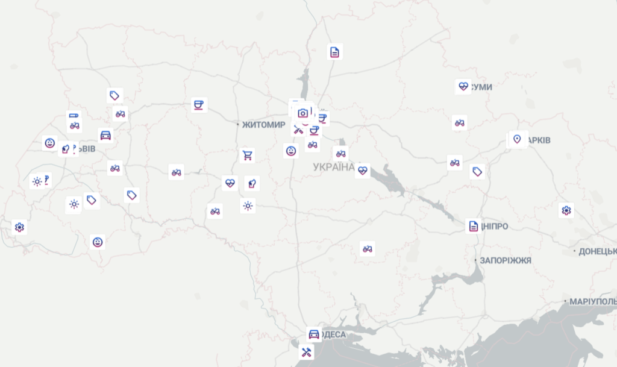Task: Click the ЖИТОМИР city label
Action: pos(263,125)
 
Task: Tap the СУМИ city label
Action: pos(481,87)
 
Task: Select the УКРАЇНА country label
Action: pos(334,167)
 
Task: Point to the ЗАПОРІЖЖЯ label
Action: pos(506,260)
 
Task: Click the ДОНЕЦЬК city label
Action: pos(597,251)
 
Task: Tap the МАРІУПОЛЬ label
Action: pos(593,301)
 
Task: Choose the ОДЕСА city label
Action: pos(333,334)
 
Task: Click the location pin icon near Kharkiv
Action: pos(516,139)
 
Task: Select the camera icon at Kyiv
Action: pos(303,113)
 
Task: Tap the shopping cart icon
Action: pos(246,156)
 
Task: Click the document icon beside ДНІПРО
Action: pos(474,226)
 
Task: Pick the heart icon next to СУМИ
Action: pos(463,86)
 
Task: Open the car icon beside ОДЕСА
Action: pos(313,334)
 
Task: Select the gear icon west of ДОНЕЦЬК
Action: pos(566,210)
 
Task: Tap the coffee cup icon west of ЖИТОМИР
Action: pos(198,105)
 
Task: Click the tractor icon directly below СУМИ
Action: pos(459,123)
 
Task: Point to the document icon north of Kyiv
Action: pos(334,52)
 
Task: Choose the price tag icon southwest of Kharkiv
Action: pos(477,172)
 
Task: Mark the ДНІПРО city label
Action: pos(495,227)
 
